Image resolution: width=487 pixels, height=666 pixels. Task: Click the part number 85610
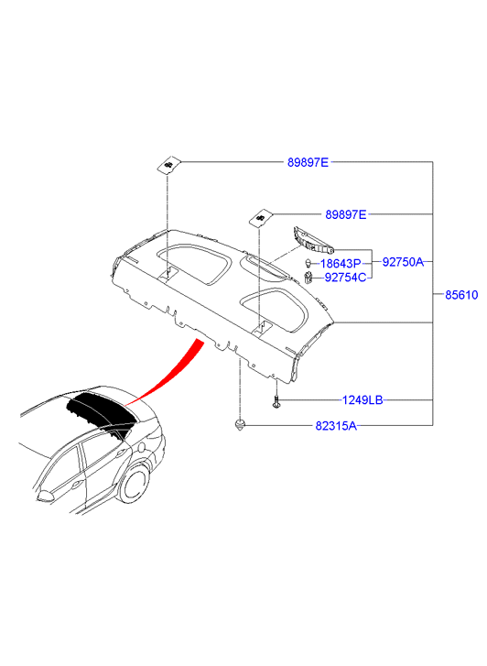click(x=461, y=294)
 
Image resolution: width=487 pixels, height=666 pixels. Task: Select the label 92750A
click(x=403, y=262)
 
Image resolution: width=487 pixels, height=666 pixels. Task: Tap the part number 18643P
click(x=341, y=264)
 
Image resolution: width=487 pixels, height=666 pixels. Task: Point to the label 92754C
click(x=345, y=278)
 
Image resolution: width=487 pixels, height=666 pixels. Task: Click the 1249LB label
click(x=363, y=400)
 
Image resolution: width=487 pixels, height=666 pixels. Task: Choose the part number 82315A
click(x=336, y=426)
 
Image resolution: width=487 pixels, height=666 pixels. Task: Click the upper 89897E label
click(x=308, y=162)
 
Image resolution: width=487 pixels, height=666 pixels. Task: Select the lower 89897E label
click(x=346, y=215)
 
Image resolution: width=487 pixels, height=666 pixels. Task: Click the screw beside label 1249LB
click(x=276, y=401)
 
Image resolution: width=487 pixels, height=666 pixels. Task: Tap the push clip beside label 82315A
click(x=241, y=424)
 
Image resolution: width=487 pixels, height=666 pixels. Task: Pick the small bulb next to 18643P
click(x=309, y=263)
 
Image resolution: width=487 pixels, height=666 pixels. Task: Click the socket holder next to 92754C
click(x=308, y=278)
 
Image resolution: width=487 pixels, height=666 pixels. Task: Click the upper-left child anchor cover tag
click(x=169, y=165)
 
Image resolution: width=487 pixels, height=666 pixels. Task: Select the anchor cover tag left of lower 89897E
click(x=260, y=218)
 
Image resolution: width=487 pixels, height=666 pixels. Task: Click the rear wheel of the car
click(x=135, y=484)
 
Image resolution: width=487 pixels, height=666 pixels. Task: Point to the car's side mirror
click(x=45, y=496)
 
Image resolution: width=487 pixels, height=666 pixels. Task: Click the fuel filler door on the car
click(x=141, y=448)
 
